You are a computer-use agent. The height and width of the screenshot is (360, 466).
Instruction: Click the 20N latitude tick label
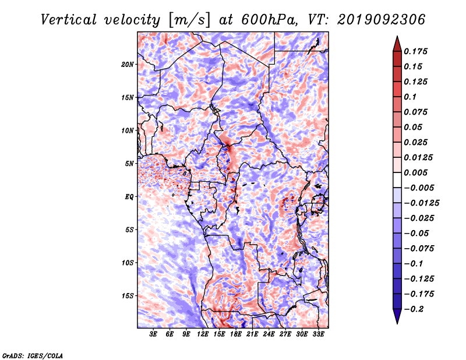(128, 65)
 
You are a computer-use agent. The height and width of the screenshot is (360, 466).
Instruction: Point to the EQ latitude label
(129, 197)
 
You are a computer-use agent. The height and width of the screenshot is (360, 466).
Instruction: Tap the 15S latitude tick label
(128, 296)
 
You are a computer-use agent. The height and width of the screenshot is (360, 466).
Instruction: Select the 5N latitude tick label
(129, 164)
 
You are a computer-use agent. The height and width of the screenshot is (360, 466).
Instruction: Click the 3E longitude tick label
(153, 334)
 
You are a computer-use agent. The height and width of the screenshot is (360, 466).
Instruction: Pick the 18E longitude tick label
(236, 334)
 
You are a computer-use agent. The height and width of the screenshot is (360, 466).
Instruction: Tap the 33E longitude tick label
(318, 334)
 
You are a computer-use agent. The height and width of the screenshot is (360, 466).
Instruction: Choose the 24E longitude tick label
(269, 334)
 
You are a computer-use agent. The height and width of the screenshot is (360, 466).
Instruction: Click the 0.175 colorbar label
(416, 51)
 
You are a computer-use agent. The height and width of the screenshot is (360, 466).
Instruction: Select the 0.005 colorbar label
(416, 172)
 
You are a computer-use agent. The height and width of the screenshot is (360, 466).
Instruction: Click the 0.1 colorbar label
(410, 97)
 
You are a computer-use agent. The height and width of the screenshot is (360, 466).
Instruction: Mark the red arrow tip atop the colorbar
(397, 36)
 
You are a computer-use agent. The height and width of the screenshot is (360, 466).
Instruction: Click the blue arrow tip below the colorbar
(397, 323)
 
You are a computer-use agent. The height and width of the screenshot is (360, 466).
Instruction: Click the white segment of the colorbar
(397, 180)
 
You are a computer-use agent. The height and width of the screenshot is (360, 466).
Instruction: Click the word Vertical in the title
(69, 20)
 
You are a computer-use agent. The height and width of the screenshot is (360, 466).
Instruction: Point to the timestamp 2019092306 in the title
(382, 20)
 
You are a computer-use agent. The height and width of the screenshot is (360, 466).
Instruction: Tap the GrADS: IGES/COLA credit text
(33, 356)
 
